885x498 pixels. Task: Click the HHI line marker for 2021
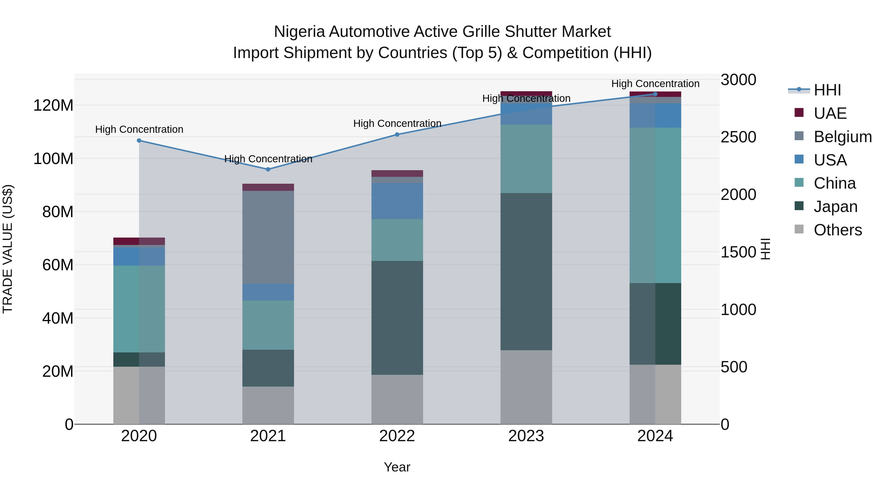point(268,169)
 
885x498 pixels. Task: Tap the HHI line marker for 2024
point(655,94)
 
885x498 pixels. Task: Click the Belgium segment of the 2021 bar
point(268,237)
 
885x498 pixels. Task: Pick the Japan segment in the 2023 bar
point(526,272)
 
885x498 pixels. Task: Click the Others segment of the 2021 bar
point(268,405)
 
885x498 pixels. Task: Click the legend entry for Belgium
point(842,137)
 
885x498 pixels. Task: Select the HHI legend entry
point(827,90)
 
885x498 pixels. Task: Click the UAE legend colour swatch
point(799,113)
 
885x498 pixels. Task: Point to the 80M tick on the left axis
point(58,212)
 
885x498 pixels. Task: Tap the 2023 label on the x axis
point(526,436)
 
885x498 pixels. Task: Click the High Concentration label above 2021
point(268,159)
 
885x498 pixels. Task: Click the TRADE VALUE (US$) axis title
point(8,249)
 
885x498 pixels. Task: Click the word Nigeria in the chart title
point(299,32)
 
